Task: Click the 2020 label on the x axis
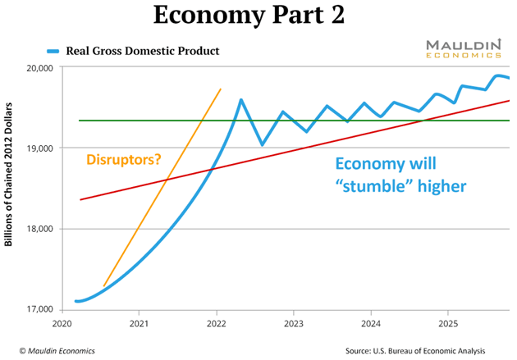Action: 62,324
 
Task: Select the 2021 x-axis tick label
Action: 139,324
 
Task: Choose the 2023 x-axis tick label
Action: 293,324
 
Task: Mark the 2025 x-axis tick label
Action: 448,324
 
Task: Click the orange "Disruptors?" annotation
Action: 122,161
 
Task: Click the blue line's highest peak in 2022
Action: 240,100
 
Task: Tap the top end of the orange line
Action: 221,89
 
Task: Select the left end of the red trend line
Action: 80,199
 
